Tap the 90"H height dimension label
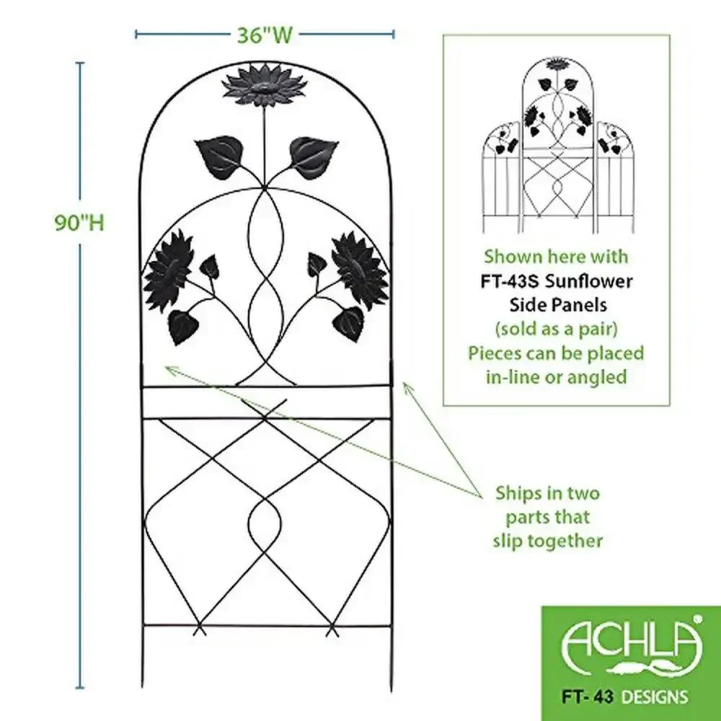(79, 222)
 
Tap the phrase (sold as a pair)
(556, 329)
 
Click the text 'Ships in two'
(547, 493)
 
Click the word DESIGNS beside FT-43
(656, 696)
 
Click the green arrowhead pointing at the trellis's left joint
(169, 369)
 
